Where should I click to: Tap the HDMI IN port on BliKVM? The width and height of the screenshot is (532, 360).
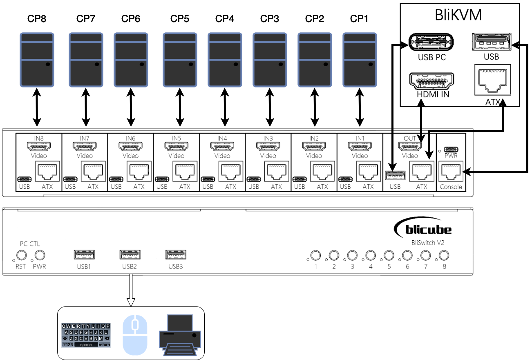tap(431, 82)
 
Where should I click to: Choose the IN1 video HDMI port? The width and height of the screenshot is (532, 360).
tap(360, 146)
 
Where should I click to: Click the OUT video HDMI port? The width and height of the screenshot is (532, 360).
tap(410, 146)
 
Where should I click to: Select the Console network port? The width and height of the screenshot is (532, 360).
tap(451, 172)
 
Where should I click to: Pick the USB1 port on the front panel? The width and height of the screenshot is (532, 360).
tap(84, 254)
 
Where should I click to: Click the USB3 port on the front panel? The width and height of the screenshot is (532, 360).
tap(176, 254)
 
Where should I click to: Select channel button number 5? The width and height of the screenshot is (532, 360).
tap(389, 255)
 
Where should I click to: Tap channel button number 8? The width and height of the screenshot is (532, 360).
tap(444, 255)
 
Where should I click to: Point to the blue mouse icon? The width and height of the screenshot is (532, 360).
tap(135, 334)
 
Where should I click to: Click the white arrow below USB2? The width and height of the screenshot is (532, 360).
tap(131, 291)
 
